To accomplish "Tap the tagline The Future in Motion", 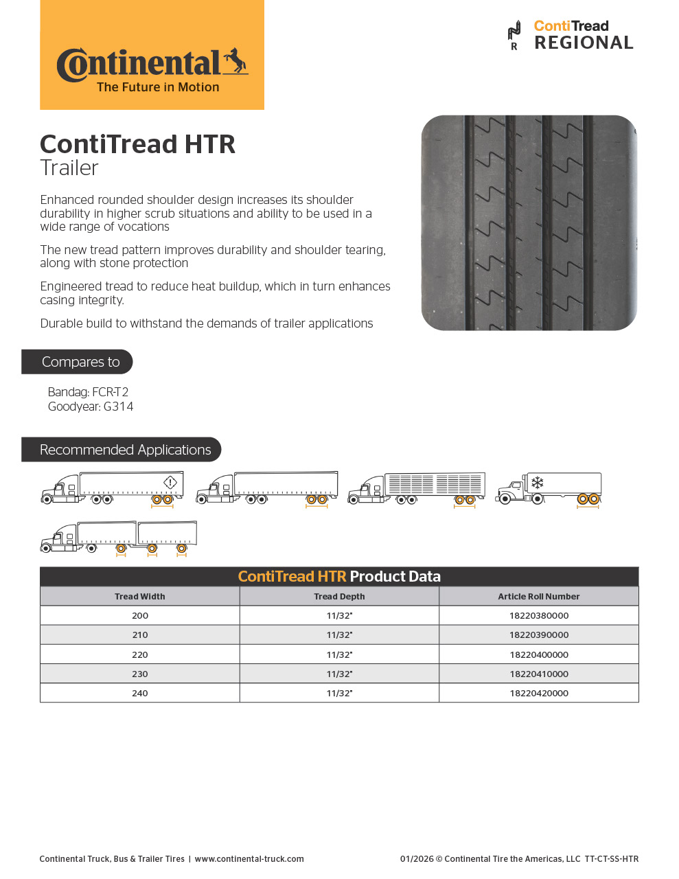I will (158, 87).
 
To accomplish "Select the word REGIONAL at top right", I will (584, 43).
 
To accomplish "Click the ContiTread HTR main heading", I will (137, 144).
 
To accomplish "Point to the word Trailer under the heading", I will (69, 168).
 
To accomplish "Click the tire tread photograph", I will (529, 222).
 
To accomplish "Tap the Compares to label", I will (80, 362).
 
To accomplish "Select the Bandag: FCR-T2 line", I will (88, 392).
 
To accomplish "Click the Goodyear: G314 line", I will (91, 407).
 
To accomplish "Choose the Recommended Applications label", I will (125, 450).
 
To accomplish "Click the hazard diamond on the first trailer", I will (170, 482).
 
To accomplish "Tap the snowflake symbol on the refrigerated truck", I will (538, 482).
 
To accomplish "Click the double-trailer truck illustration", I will (118, 537).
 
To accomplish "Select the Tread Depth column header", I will (339, 597).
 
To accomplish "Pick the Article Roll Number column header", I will (538, 597).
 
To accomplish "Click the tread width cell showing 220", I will (140, 654).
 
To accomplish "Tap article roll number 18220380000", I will (539, 616).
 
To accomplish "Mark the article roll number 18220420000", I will (539, 694).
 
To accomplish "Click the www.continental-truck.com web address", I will (249, 859).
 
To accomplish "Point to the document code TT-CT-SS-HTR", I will (612, 859).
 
